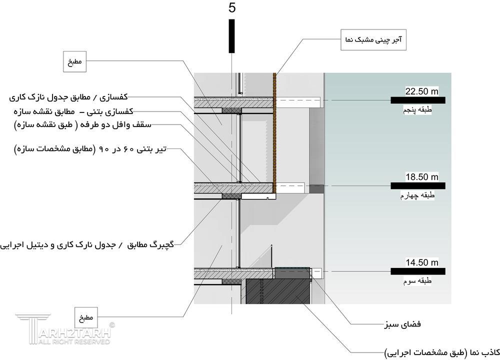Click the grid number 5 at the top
[x=231, y=8]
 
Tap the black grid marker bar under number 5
[x=231, y=35]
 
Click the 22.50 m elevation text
[x=421, y=91]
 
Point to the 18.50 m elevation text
[x=421, y=177]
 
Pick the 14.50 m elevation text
[x=421, y=262]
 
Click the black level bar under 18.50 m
[x=418, y=185]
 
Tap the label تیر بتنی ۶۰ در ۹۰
[x=90, y=149]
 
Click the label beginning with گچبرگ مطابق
[x=90, y=245]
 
